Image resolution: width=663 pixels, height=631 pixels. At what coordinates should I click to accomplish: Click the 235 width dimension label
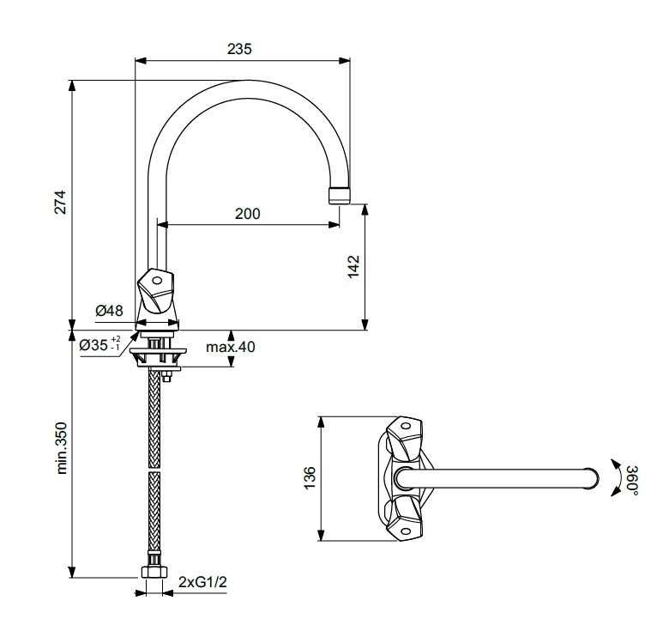[239, 49]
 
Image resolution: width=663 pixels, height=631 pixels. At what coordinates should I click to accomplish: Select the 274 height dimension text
[61, 203]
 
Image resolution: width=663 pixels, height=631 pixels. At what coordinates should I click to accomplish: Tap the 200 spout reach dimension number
[248, 214]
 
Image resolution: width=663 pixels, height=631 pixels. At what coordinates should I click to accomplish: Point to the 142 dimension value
[353, 266]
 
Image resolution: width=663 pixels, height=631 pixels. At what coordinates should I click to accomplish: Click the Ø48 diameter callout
[110, 311]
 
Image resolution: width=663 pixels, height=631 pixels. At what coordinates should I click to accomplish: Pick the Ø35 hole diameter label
[100, 344]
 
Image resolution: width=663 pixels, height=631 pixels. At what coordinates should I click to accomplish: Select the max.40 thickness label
[231, 347]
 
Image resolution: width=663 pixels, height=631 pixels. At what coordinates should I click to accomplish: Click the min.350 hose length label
[62, 448]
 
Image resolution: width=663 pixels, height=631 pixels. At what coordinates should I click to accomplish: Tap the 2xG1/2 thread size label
[202, 582]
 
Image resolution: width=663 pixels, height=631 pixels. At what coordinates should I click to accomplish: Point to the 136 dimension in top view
[310, 478]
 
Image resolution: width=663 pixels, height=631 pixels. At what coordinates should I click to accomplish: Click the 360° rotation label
[633, 481]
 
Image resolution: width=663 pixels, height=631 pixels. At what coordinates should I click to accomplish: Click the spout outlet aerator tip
[339, 196]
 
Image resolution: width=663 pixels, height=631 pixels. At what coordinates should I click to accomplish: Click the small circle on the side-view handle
[157, 281]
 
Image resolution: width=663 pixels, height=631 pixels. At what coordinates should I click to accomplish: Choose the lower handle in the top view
[405, 519]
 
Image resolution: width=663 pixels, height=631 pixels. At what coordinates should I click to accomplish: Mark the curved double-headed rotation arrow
[618, 477]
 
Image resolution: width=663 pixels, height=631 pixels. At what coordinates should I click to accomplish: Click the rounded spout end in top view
[593, 478]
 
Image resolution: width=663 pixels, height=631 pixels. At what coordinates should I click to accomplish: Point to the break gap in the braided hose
[155, 470]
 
